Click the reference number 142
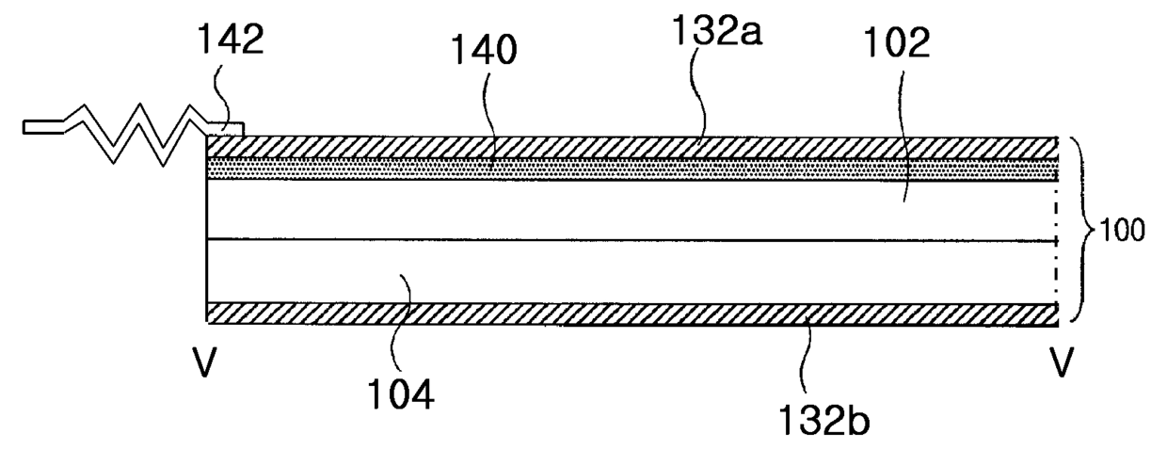(x=230, y=39)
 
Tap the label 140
(x=484, y=50)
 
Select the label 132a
(x=717, y=30)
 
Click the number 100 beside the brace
(x=1122, y=230)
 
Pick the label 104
(x=401, y=394)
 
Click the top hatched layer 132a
(x=631, y=148)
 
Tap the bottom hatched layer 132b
(x=631, y=313)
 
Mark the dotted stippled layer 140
(x=631, y=169)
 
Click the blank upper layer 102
(x=631, y=210)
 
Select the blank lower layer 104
(x=631, y=272)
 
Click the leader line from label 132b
(x=807, y=357)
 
